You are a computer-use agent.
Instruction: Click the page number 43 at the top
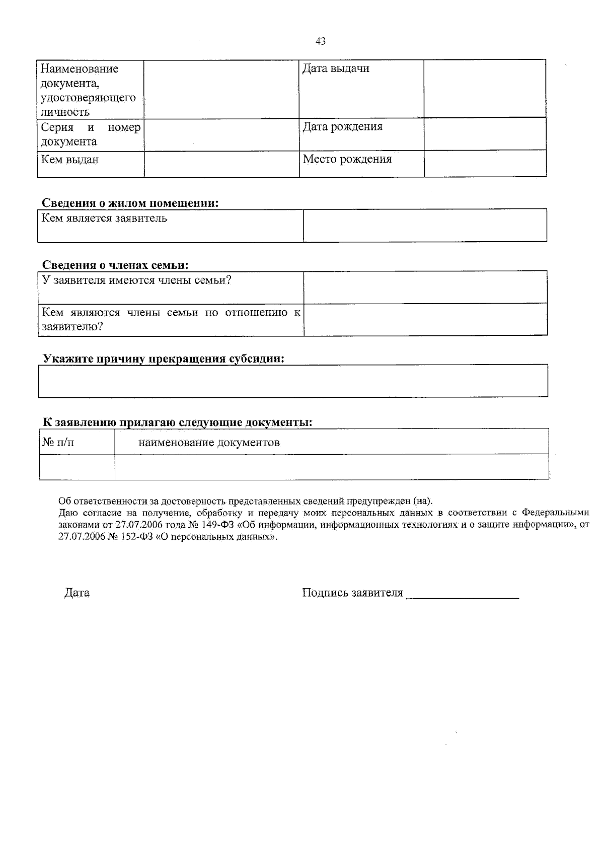click(320, 41)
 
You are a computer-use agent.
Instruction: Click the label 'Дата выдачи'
click(336, 69)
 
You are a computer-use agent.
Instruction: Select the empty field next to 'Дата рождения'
click(485, 134)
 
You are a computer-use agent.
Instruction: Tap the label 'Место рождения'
click(347, 160)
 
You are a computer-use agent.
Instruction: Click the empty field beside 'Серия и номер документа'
click(221, 134)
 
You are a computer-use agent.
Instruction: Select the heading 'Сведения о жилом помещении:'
click(130, 203)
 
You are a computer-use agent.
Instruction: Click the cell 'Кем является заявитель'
click(104, 219)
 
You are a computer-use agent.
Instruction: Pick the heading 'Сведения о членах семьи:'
click(115, 265)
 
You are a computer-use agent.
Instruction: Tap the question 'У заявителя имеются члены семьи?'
click(136, 280)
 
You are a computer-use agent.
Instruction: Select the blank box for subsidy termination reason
click(293, 381)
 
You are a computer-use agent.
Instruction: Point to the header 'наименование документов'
click(209, 443)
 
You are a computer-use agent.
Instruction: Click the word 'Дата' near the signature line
click(77, 593)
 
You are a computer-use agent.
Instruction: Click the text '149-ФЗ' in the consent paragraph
click(217, 524)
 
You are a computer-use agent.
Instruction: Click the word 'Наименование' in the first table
click(80, 69)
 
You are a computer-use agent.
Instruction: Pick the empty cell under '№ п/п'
click(77, 467)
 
